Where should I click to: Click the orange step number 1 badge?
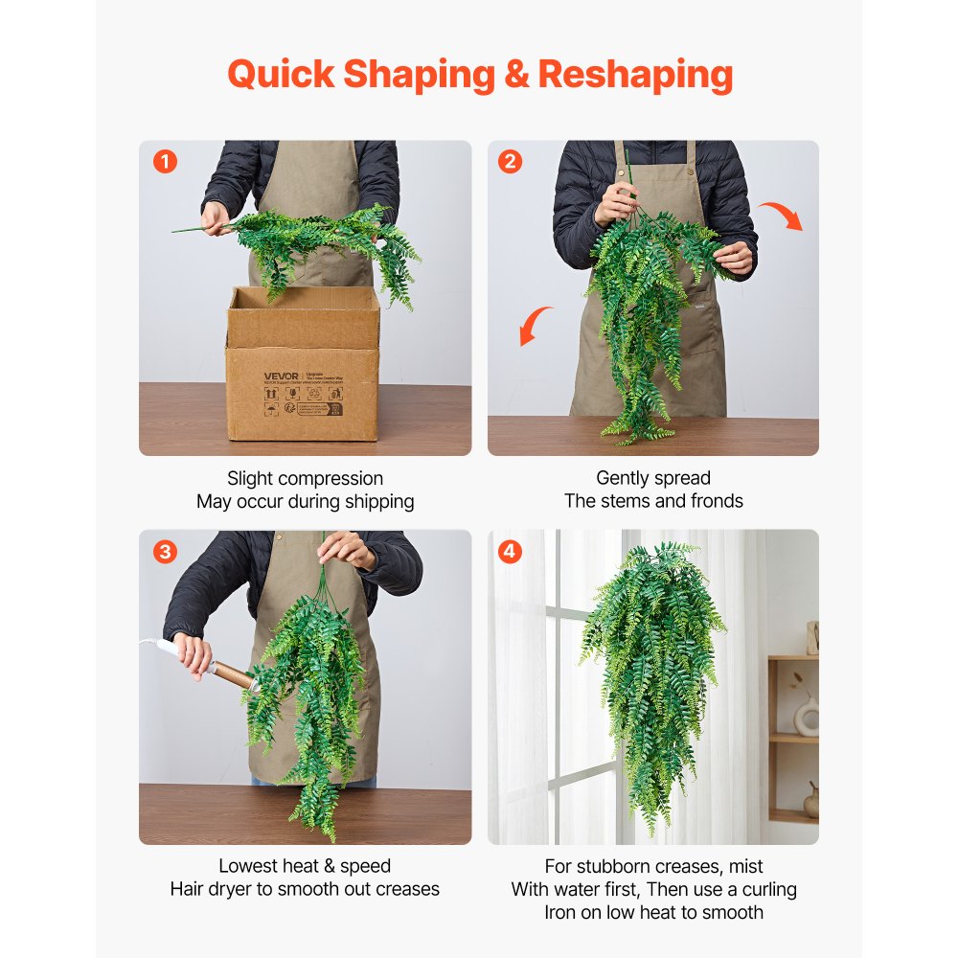tap(166, 162)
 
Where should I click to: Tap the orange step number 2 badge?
tap(511, 162)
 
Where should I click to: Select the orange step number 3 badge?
tap(166, 552)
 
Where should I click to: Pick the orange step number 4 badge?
tap(511, 552)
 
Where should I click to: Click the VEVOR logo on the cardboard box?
tap(282, 375)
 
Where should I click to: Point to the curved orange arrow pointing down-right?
tap(781, 215)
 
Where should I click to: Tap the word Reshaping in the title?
tap(635, 74)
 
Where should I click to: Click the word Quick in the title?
tap(280, 74)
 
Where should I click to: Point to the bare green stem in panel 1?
tap(196, 228)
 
